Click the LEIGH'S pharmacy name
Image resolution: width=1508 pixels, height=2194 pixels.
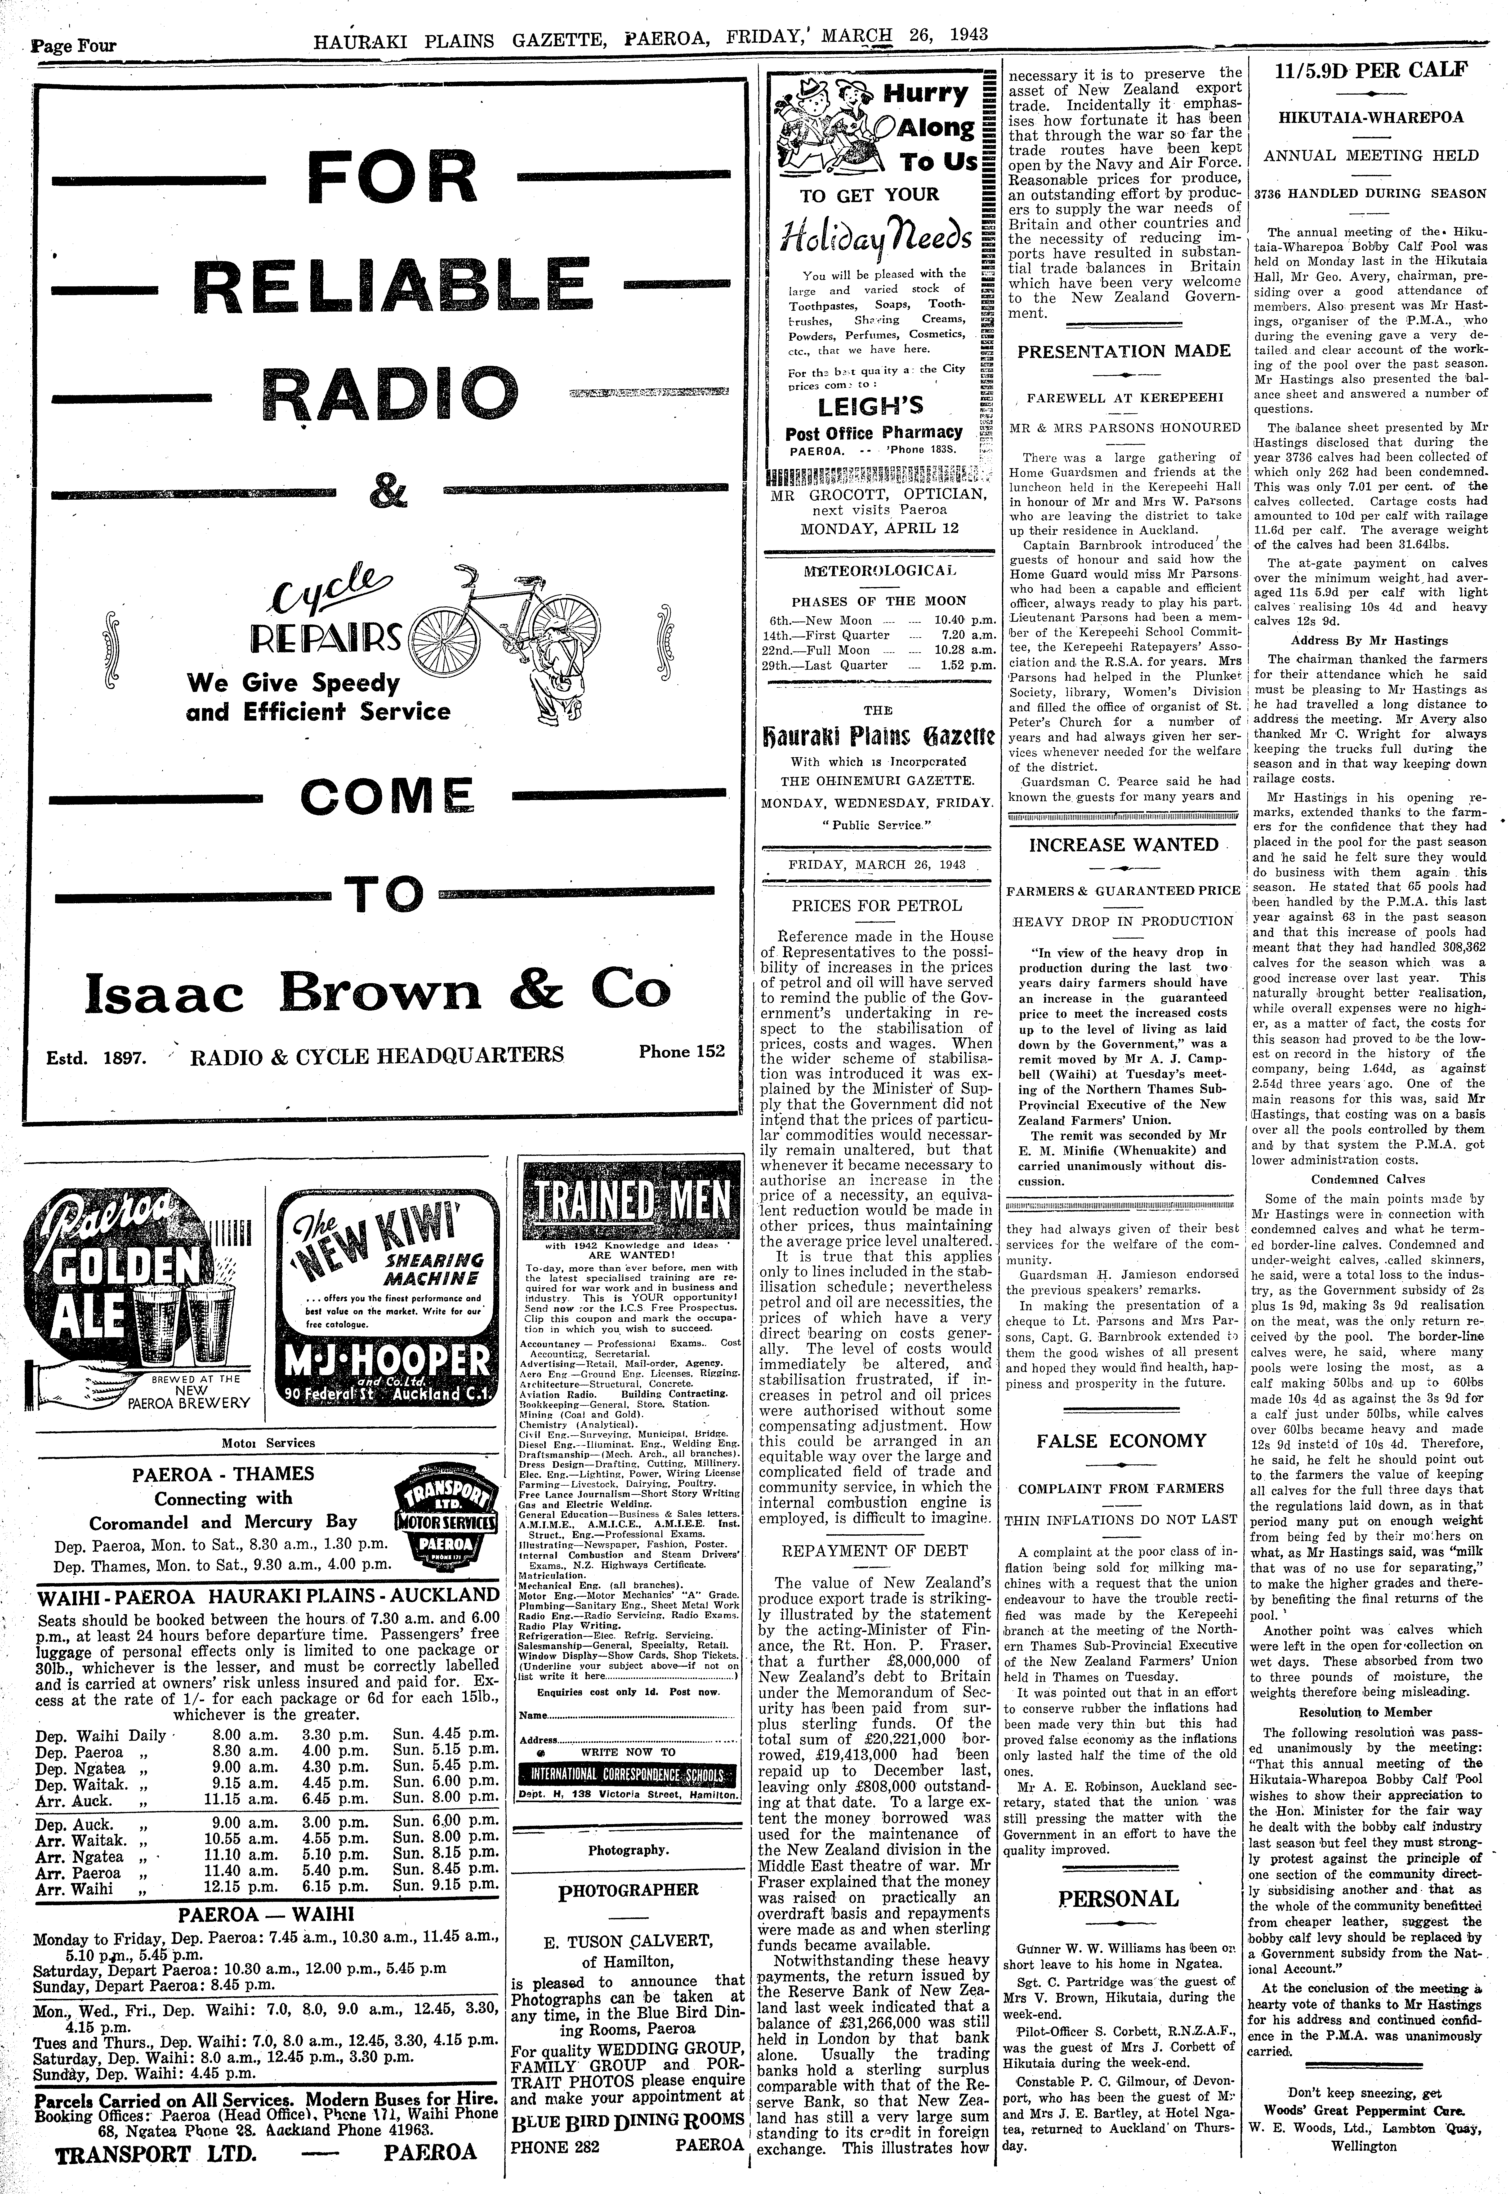tap(871, 406)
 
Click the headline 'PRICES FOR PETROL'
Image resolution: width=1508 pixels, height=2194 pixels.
tap(877, 905)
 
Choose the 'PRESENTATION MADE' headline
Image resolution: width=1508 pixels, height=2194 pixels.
tap(1123, 352)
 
